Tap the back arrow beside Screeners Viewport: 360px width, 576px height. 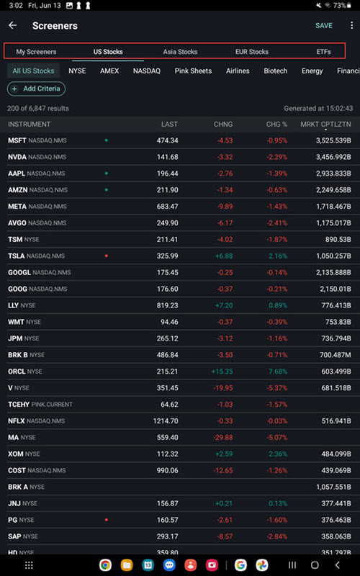12,25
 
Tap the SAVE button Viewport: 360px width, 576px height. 323,25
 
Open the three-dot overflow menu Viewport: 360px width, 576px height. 351,25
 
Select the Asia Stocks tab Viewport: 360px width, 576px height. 180,52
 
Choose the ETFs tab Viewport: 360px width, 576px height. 324,52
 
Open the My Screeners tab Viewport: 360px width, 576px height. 36,52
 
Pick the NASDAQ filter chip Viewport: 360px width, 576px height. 146,71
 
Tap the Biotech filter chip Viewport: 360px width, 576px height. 275,71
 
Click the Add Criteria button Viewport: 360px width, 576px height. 36,89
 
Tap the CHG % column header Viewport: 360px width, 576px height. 276,125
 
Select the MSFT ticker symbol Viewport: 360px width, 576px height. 17,140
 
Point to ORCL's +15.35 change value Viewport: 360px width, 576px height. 221,372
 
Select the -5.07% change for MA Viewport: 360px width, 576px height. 276,438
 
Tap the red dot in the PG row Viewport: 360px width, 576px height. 107,520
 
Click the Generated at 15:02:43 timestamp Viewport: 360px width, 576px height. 318,108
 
